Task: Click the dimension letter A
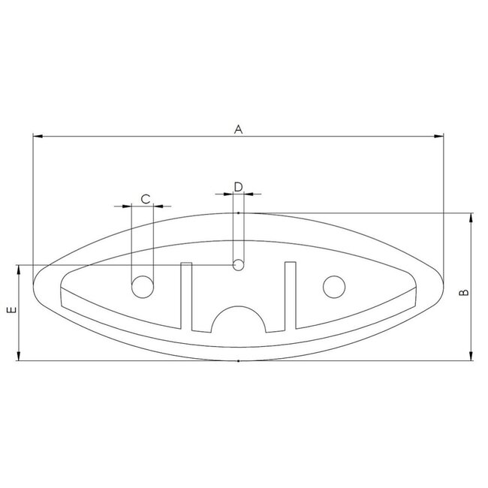(x=238, y=129)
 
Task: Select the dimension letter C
(x=146, y=198)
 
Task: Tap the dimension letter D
(x=238, y=186)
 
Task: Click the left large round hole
(x=142, y=286)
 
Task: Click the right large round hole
(x=333, y=286)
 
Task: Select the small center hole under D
(x=239, y=264)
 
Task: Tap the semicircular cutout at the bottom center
(x=238, y=320)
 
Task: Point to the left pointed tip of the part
(x=35, y=285)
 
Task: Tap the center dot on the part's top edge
(x=238, y=214)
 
